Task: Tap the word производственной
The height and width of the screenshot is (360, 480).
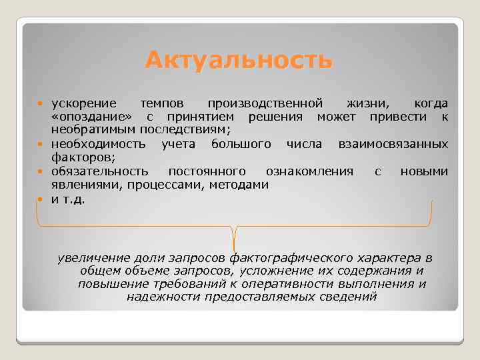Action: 265,104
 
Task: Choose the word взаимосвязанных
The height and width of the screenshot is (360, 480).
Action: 393,144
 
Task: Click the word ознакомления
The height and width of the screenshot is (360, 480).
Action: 309,171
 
